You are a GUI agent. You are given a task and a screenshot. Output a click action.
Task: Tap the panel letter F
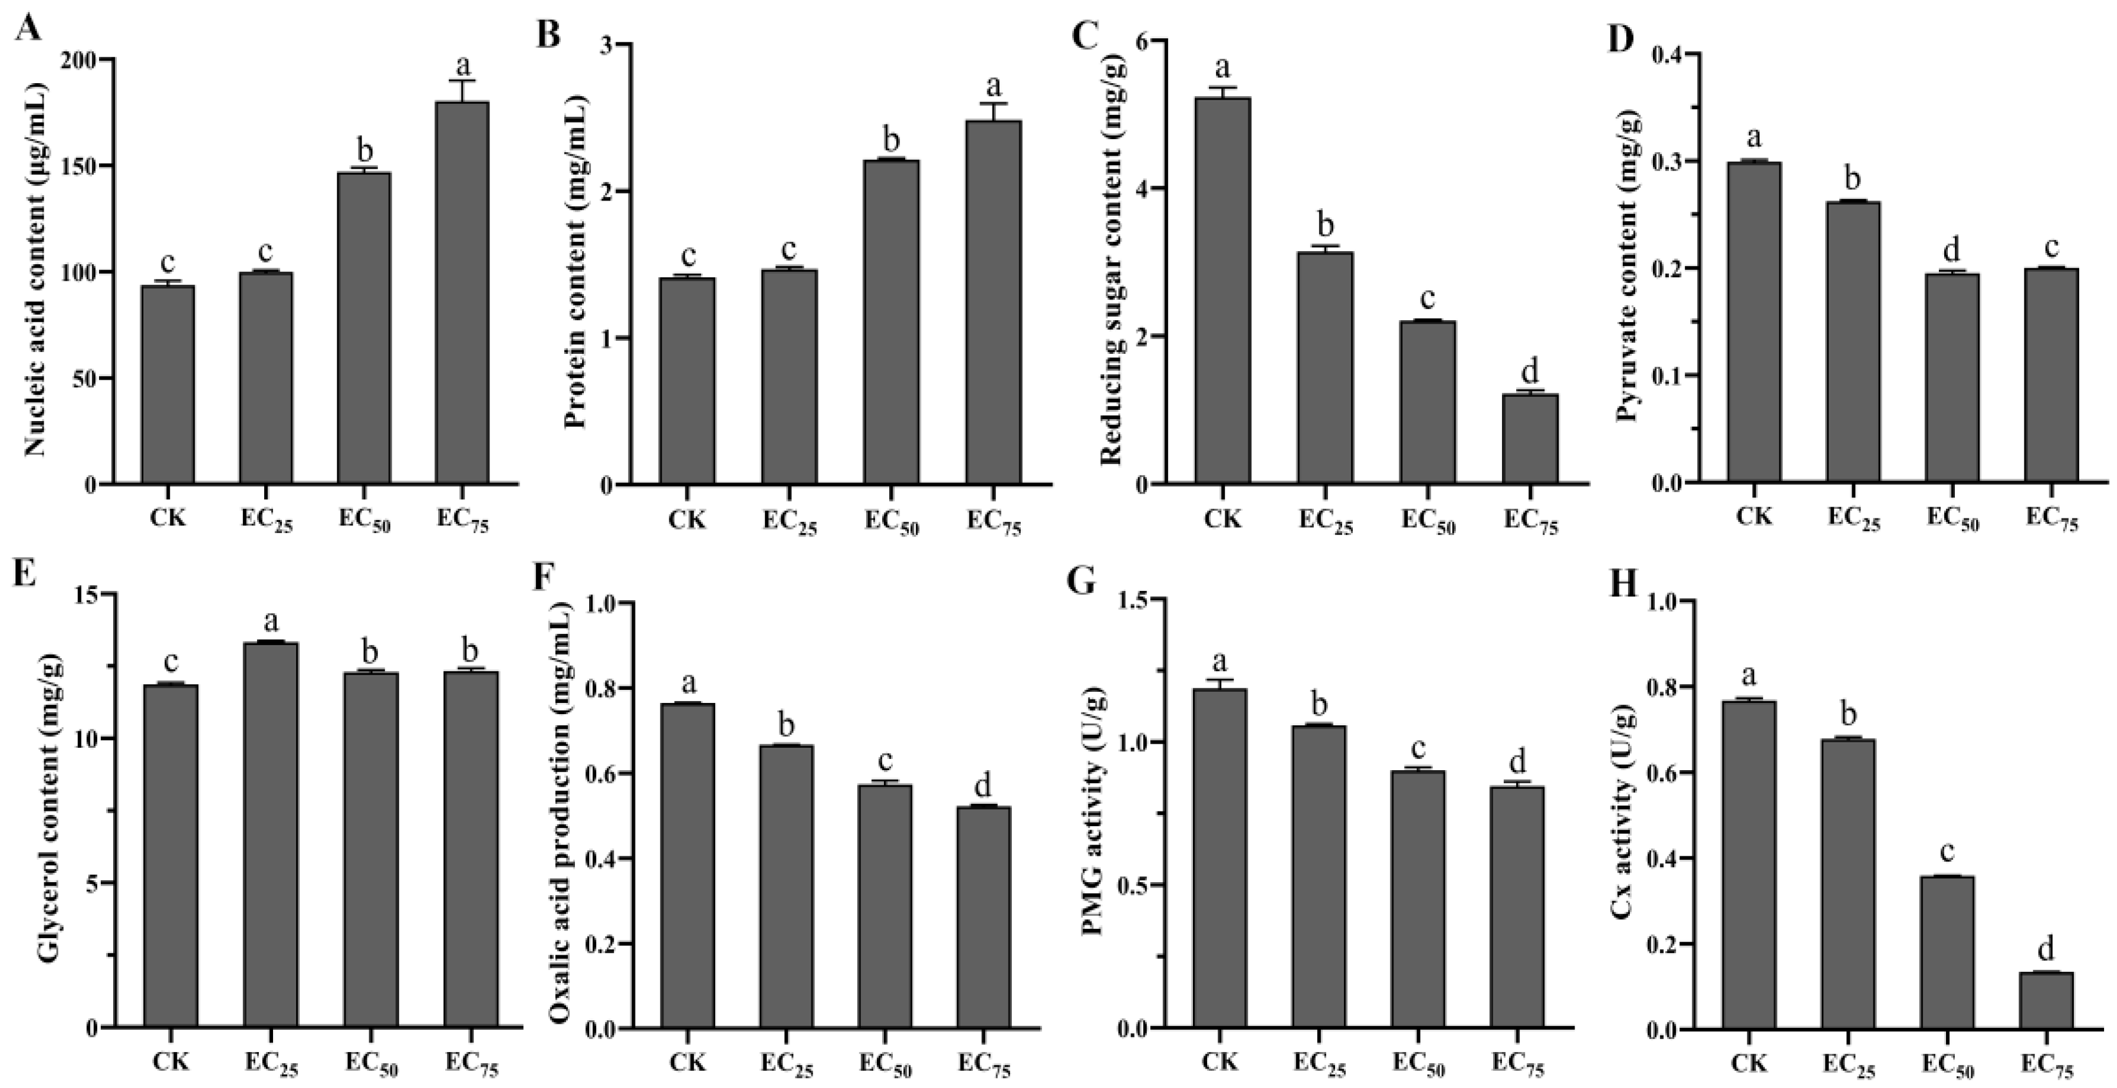(x=543, y=578)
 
